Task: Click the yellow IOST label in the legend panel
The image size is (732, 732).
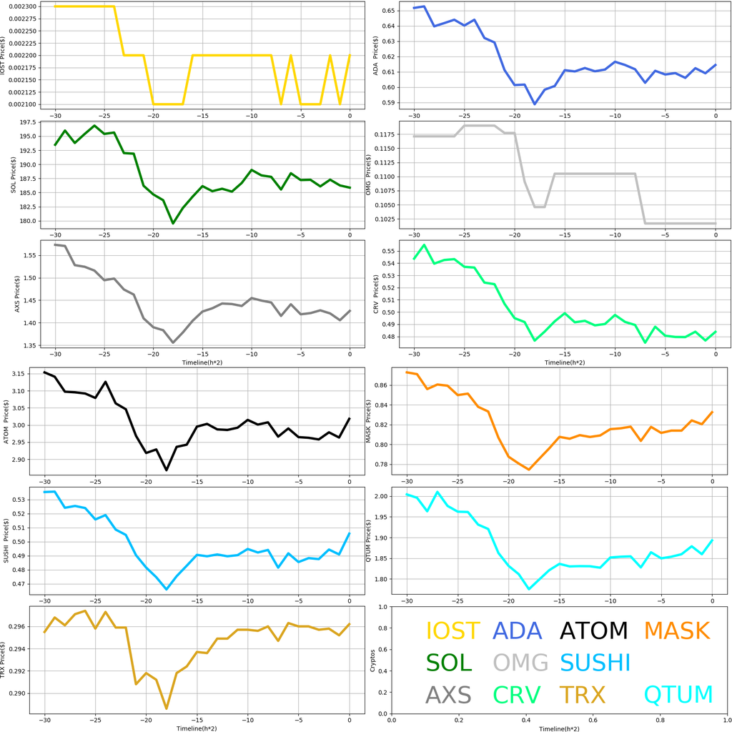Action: (452, 630)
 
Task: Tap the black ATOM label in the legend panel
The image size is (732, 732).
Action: (593, 630)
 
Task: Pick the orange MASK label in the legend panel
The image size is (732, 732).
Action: (676, 630)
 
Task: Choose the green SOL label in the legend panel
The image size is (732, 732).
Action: (449, 663)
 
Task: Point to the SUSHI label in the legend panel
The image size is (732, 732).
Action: (595, 663)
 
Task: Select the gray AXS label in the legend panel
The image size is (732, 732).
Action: (449, 694)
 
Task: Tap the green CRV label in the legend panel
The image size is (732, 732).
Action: (517, 694)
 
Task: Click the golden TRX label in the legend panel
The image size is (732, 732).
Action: (582, 694)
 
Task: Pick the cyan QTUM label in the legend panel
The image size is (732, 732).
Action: (678, 694)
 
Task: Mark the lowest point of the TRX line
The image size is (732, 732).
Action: (167, 708)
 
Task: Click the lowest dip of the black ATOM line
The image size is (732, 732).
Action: (167, 470)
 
